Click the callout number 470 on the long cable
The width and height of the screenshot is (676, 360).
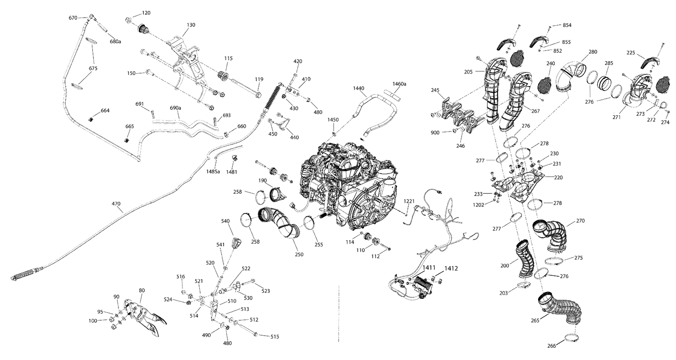(116, 204)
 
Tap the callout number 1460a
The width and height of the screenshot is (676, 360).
(399, 84)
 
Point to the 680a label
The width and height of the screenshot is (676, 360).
(115, 41)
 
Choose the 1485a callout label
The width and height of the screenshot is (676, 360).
(213, 172)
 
